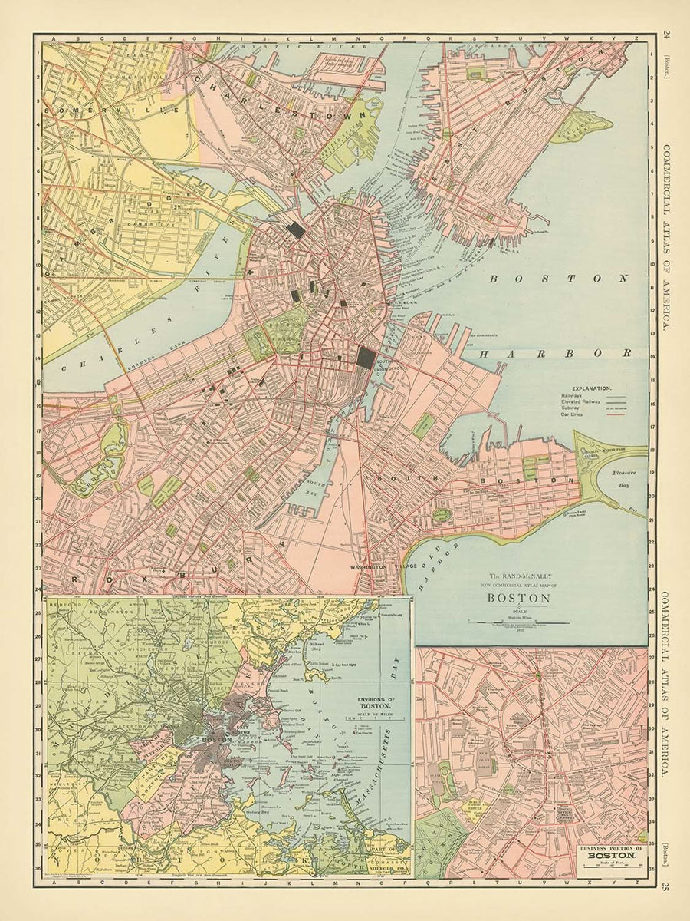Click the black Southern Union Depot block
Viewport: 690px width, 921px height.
tap(366, 358)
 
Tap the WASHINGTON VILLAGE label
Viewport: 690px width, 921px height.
tap(373, 567)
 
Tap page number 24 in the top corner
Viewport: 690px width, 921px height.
tap(666, 33)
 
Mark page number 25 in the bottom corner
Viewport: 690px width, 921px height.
tap(666, 889)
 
